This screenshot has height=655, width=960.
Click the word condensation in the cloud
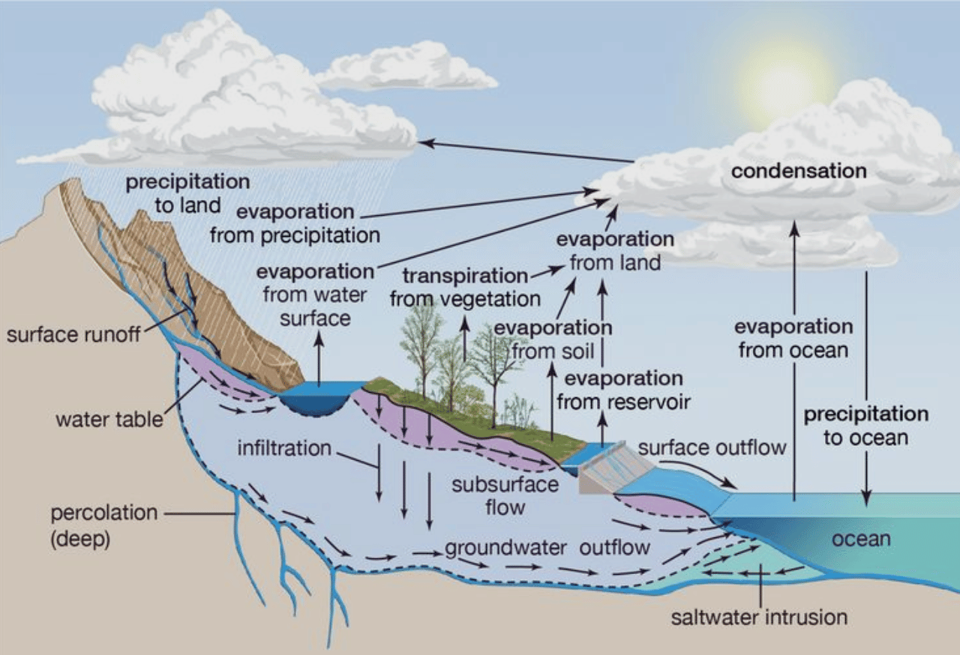click(799, 171)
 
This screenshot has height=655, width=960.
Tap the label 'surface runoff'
click(73, 334)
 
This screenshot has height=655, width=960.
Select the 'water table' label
click(109, 419)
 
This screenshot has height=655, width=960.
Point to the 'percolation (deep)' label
click(104, 525)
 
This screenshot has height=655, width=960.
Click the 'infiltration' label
click(284, 448)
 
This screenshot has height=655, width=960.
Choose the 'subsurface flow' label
click(505, 496)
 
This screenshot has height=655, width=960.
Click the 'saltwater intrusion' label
click(760, 618)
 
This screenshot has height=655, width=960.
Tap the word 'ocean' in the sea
click(862, 539)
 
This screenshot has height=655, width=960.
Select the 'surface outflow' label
click(712, 448)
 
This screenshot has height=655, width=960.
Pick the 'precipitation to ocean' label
click(866, 426)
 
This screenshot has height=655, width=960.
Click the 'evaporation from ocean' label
click(793, 338)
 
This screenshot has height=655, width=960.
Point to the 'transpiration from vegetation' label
click(466, 287)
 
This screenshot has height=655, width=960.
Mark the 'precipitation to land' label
click(187, 193)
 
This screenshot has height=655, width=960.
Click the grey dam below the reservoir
click(616, 471)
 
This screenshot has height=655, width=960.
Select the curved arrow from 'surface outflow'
click(700, 471)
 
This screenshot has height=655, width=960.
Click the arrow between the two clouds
click(526, 151)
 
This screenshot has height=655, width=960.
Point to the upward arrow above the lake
click(319, 359)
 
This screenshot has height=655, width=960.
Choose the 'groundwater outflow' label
click(547, 548)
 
